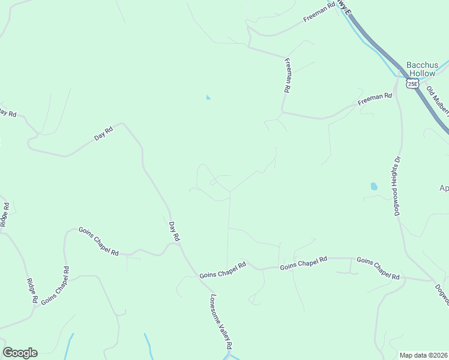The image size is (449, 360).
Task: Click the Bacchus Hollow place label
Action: (420, 69)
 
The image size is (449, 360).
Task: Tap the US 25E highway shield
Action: (412, 83)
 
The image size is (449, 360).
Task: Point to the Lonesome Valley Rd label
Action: (220, 322)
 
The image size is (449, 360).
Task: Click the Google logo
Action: (20, 353)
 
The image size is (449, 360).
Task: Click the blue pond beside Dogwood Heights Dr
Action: (374, 187)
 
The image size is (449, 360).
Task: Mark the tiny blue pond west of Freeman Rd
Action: (208, 97)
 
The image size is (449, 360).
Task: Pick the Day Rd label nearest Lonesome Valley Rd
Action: (174, 232)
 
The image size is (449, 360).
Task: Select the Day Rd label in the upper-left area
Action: (104, 133)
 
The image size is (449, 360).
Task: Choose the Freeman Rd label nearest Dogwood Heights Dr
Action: (374, 98)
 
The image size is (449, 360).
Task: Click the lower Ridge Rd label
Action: (32, 290)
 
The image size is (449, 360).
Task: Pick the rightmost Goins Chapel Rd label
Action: (378, 268)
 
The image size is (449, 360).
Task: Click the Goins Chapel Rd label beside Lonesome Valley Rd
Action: (223, 270)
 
